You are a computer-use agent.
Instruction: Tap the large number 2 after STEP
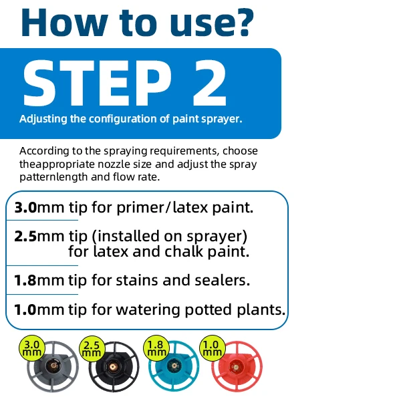[210, 83]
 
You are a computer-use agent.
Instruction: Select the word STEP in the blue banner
[98, 83]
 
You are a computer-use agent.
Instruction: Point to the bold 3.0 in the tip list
[25, 207]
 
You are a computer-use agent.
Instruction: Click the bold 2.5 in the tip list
[25, 237]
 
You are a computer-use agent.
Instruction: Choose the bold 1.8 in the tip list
[25, 280]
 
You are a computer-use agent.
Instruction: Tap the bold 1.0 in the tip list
[25, 309]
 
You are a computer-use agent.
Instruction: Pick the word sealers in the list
[223, 280]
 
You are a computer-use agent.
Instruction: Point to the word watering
[148, 311]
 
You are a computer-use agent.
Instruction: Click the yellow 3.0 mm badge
[32, 348]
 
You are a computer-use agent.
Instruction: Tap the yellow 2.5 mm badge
[92, 349]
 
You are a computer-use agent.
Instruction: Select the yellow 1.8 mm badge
[156, 348]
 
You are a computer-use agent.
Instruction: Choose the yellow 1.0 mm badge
[213, 348]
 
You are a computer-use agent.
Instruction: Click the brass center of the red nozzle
[235, 368]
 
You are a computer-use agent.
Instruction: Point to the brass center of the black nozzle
[112, 367]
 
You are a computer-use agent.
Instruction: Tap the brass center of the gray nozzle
[53, 366]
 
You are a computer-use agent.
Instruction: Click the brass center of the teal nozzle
[174, 366]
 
